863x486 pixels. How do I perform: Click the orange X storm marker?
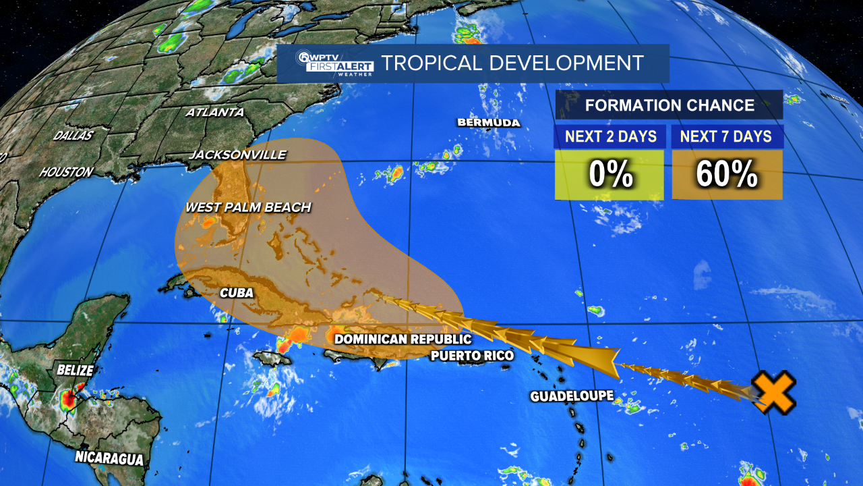coord(774,392)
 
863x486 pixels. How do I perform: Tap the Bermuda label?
coord(489,123)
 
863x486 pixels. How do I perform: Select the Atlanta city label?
coord(214,112)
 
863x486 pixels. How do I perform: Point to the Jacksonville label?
coord(237,155)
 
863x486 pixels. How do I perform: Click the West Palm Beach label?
coord(248,207)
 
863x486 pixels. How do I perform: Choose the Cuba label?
coord(237,293)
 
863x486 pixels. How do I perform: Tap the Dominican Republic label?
coord(403,339)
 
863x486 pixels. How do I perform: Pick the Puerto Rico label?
coord(472,355)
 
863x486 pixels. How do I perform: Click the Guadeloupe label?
coord(572,396)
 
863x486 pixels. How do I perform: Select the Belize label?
coord(75,370)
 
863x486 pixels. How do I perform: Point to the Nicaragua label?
coord(109,458)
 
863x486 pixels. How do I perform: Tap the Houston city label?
coord(66,172)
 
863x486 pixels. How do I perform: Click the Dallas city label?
coord(73,136)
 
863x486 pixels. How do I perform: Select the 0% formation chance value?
coord(610,175)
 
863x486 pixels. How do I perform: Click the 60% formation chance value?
coord(727,175)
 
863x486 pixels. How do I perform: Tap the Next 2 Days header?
coord(610,136)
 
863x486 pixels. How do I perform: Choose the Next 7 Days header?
coord(725,136)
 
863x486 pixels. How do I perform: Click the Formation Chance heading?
coord(669,105)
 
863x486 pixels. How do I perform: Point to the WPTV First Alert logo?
coord(326,63)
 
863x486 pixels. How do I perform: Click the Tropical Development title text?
coord(512,63)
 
